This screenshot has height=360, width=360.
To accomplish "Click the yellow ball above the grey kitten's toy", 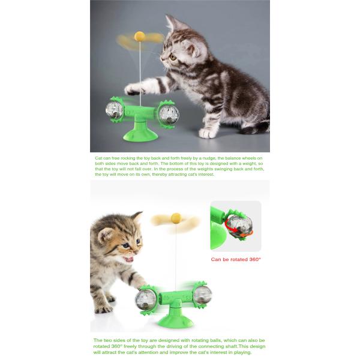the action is [x=140, y=37].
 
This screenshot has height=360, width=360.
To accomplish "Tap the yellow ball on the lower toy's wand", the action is [x=176, y=218].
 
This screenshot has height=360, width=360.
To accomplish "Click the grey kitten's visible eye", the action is [x=173, y=57].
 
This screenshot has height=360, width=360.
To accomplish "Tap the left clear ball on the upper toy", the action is [x=114, y=110].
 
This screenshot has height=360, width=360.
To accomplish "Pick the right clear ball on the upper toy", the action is [x=169, y=114].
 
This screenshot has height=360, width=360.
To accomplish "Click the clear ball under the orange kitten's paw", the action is [x=146, y=299].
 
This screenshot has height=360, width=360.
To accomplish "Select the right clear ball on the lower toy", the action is [x=202, y=295].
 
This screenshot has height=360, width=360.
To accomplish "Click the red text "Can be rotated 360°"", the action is [x=236, y=259].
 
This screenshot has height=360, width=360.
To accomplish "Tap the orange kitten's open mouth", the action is [x=128, y=259].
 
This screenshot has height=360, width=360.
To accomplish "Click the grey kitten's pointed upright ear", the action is [x=173, y=23].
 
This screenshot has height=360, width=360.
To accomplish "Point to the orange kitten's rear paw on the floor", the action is [x=104, y=309].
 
